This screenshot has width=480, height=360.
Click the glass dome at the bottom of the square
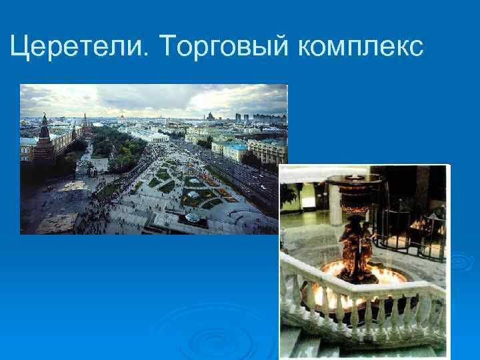coord(193,217)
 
